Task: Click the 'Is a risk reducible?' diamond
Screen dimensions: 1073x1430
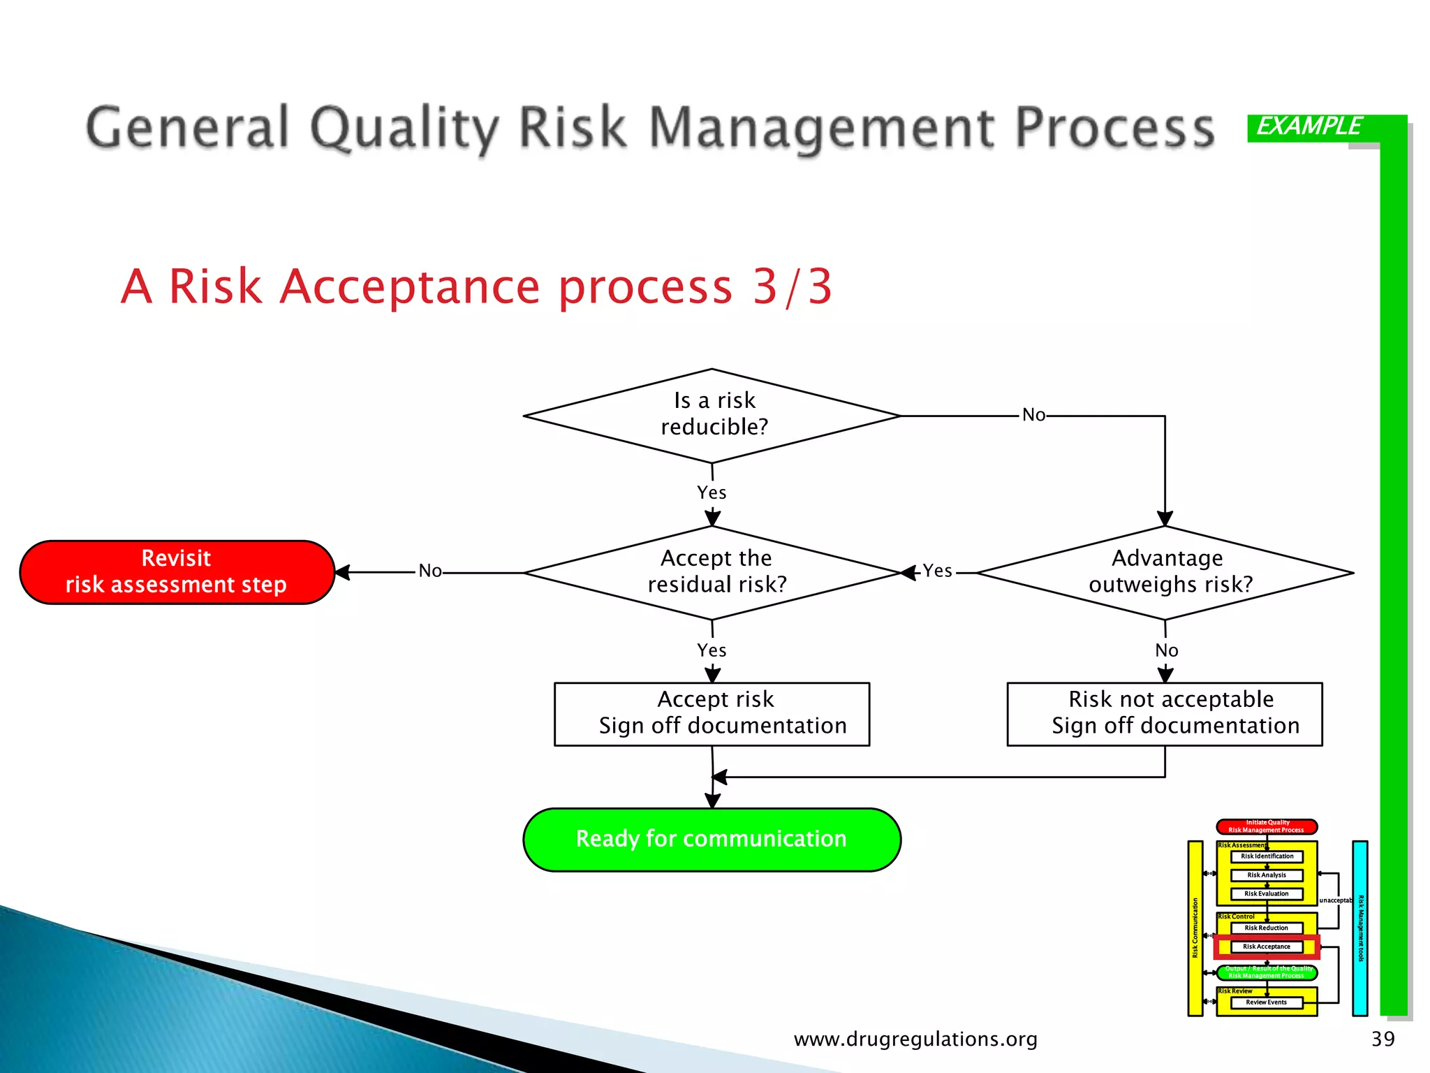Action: (x=712, y=415)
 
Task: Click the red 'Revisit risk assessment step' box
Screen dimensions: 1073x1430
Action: (x=177, y=571)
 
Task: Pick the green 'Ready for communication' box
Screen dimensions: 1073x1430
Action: (x=712, y=839)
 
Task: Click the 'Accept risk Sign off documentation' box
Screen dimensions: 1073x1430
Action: (x=712, y=713)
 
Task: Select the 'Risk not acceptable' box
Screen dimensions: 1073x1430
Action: (x=1165, y=713)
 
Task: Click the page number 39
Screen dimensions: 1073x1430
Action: (x=1383, y=1039)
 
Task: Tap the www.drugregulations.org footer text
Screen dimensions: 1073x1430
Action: (x=915, y=1039)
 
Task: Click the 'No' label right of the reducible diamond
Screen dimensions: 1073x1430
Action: (x=1033, y=415)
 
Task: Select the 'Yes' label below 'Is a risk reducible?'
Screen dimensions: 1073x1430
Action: (x=712, y=492)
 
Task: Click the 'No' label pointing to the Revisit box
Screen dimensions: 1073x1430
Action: (x=430, y=571)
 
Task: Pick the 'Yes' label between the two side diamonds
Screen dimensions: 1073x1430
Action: (x=937, y=571)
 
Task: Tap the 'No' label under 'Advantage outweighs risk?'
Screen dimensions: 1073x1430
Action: (x=1166, y=650)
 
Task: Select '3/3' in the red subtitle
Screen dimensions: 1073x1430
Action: (x=793, y=286)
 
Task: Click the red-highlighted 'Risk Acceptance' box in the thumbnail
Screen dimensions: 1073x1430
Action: (x=1267, y=947)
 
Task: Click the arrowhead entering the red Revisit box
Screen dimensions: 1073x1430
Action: (x=342, y=572)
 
